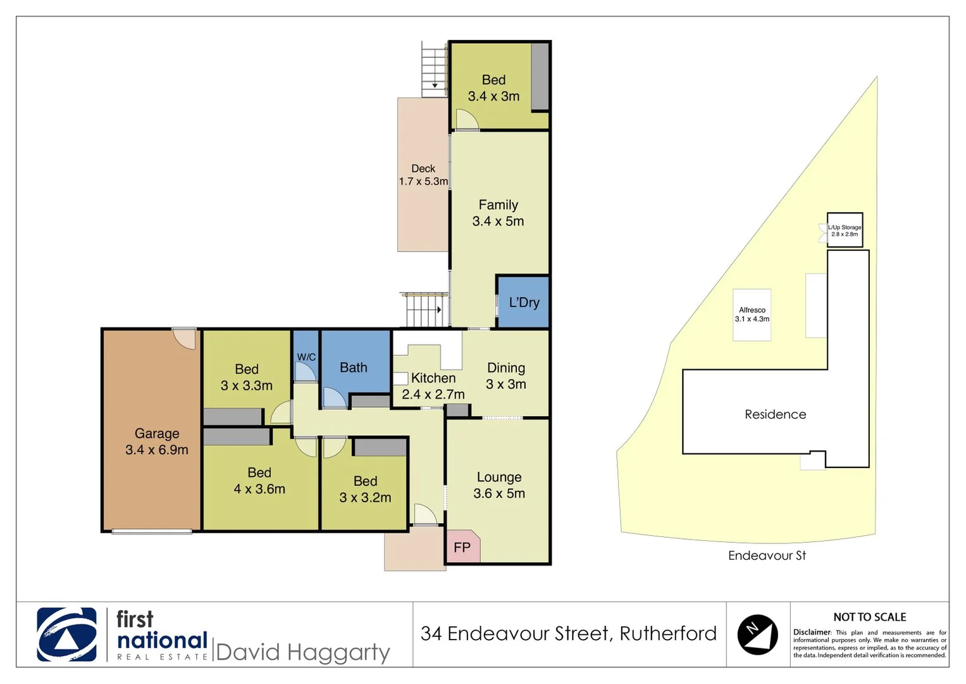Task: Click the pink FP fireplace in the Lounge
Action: pyautogui.click(x=462, y=547)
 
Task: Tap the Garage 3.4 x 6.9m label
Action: pyautogui.click(x=157, y=441)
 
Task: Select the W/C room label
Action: pyautogui.click(x=306, y=357)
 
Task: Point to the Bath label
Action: pyautogui.click(x=354, y=367)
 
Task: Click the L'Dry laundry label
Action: pyautogui.click(x=524, y=303)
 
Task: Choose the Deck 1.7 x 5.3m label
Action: pyautogui.click(x=423, y=175)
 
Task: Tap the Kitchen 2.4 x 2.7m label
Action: pyautogui.click(x=433, y=386)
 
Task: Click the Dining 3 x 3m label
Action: pyautogui.click(x=506, y=376)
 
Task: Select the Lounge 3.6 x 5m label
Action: pyautogui.click(x=499, y=485)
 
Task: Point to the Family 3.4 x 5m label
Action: pyautogui.click(x=498, y=213)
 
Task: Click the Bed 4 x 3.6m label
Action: pyautogui.click(x=259, y=481)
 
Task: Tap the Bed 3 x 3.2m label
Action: pyautogui.click(x=365, y=489)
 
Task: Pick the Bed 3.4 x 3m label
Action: pyautogui.click(x=494, y=88)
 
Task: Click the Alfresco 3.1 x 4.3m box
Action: pyautogui.click(x=752, y=315)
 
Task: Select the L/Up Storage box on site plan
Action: pyautogui.click(x=845, y=231)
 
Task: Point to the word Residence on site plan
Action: pyautogui.click(x=776, y=414)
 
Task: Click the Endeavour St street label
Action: pyautogui.click(x=767, y=555)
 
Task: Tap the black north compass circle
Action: pyautogui.click(x=757, y=634)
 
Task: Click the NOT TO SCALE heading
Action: pyautogui.click(x=870, y=617)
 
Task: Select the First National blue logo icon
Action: pyautogui.click(x=67, y=635)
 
